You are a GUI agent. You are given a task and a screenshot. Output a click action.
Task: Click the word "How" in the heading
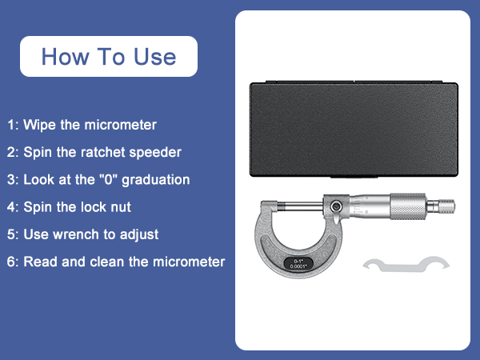click(62, 57)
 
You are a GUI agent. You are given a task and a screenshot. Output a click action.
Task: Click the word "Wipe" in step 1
click(39, 125)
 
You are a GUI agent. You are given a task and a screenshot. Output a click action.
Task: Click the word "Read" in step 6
click(39, 262)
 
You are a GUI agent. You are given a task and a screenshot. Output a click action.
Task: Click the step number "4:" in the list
click(13, 207)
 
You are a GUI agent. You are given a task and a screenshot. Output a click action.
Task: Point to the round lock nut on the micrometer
click(338, 207)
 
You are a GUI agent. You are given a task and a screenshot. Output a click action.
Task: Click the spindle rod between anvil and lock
click(307, 208)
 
